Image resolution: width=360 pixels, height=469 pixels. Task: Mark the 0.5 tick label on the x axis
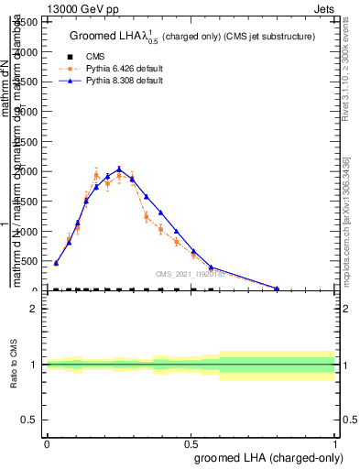click(191, 443)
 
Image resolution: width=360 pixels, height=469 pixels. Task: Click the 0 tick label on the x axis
click(47, 443)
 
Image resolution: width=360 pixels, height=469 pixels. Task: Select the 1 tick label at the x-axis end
click(336, 443)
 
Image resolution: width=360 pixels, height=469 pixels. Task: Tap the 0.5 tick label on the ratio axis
click(31, 420)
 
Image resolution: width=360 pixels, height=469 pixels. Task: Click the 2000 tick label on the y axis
click(27, 171)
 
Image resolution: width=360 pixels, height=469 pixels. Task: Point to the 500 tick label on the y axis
click(31, 261)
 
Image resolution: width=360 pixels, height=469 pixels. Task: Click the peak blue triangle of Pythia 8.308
click(119, 169)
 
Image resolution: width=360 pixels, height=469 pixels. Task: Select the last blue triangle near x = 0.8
click(277, 289)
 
